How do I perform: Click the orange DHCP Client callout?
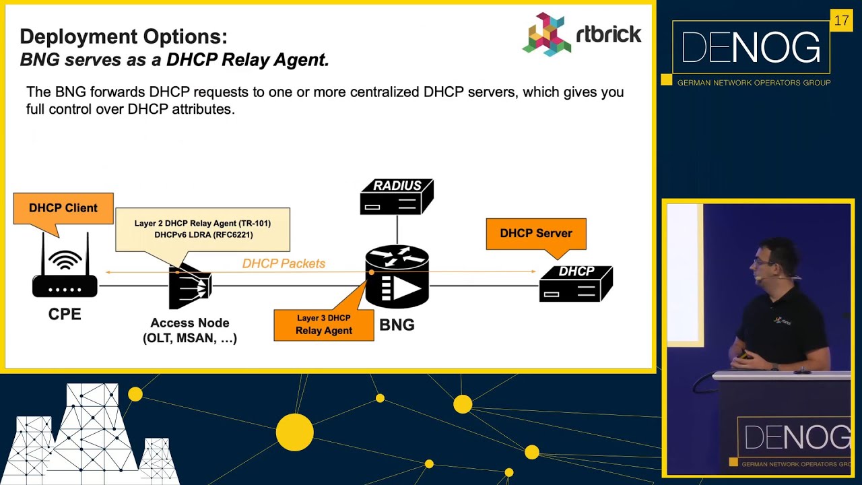tap(63, 208)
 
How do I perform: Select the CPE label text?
tap(65, 314)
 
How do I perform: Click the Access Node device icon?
tap(190, 286)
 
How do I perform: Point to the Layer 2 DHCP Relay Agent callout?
tap(202, 229)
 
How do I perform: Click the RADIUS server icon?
tap(397, 196)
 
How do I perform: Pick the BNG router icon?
tap(397, 277)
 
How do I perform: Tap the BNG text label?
tap(397, 325)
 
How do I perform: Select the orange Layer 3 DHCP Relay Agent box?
tap(324, 325)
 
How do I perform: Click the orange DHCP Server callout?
tap(536, 234)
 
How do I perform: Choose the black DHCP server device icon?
tap(576, 283)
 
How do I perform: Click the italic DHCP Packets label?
tap(284, 263)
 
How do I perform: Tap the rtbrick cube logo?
tap(547, 34)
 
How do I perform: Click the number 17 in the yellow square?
tap(841, 21)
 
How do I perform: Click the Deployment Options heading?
tap(123, 36)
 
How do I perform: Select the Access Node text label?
tap(190, 323)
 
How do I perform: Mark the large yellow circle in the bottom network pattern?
tap(294, 432)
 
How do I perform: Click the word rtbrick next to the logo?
tap(609, 34)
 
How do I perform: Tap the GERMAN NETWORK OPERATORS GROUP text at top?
tap(754, 83)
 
